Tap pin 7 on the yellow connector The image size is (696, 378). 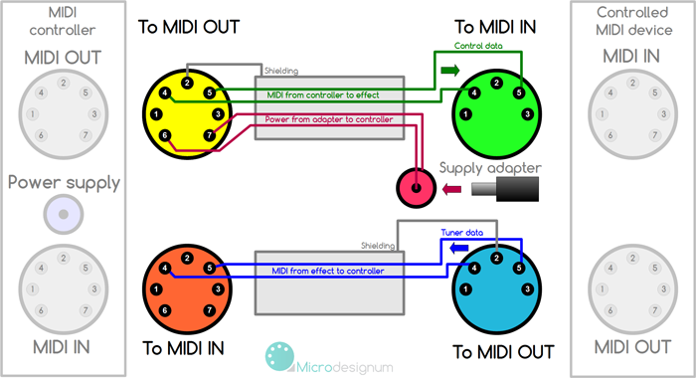click(209, 135)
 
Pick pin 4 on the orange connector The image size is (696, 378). click(164, 268)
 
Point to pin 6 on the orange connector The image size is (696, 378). click(164, 310)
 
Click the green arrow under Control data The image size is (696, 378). click(449, 71)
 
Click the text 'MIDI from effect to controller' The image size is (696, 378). click(327, 271)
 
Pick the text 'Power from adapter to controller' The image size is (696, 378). click(329, 119)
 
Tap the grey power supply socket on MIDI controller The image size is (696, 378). click(64, 212)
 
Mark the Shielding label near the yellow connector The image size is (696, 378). click(281, 71)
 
